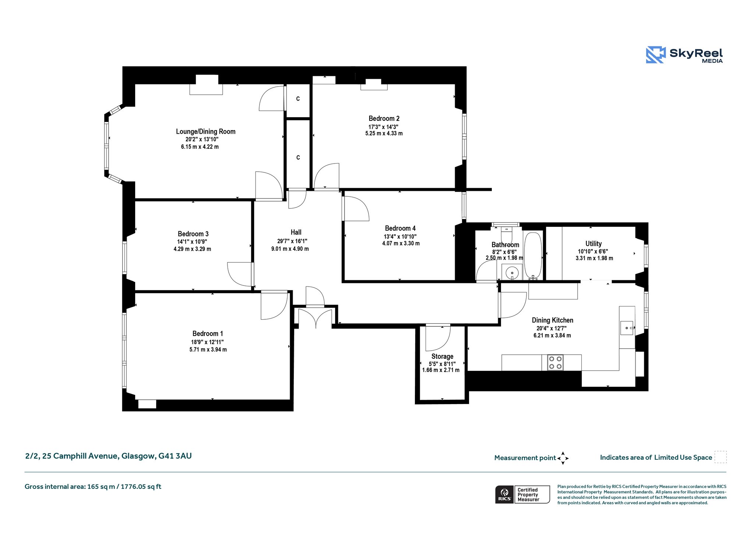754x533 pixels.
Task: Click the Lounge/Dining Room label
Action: (x=205, y=132)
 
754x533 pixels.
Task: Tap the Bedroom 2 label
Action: (x=384, y=118)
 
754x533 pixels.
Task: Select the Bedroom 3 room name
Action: (x=193, y=234)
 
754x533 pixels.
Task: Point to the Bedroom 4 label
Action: (x=400, y=228)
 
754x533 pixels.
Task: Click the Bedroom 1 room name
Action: (x=208, y=334)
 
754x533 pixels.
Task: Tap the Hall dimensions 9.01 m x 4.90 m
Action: (x=290, y=249)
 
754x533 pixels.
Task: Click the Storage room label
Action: (x=442, y=357)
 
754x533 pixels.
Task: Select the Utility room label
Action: (x=593, y=243)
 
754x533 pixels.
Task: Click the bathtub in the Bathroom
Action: (x=533, y=255)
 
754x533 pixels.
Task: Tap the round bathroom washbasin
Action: (x=512, y=273)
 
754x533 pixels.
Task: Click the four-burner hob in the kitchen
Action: (x=555, y=362)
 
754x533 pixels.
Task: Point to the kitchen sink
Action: (x=627, y=327)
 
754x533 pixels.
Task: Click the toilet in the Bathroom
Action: (x=507, y=234)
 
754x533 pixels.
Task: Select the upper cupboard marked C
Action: (x=298, y=99)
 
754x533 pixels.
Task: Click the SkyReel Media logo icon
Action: (x=656, y=55)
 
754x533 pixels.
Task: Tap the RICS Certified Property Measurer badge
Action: (x=522, y=494)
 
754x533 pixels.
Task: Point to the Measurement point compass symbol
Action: (x=563, y=458)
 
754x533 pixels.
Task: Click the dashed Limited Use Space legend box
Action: (x=720, y=457)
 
